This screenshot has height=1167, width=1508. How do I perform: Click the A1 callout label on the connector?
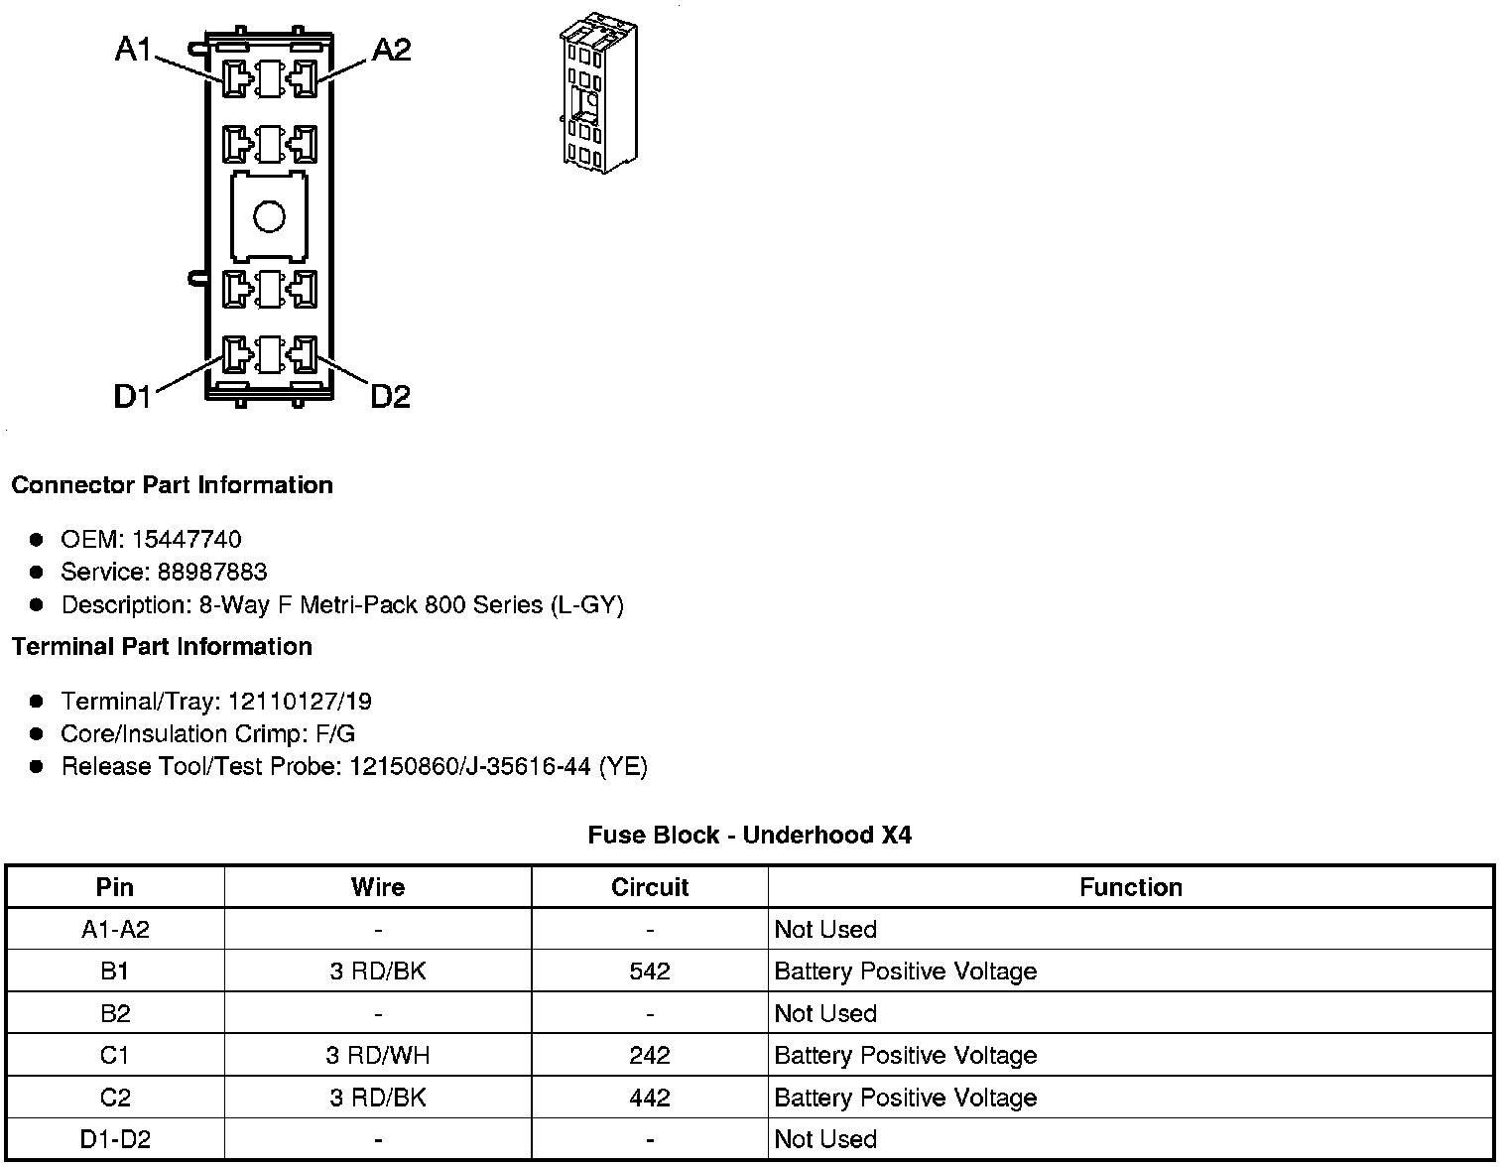tap(133, 49)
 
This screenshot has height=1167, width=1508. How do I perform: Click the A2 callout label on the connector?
tap(391, 49)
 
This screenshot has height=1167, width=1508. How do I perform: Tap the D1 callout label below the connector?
tap(132, 397)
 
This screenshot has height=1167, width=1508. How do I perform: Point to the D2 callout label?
tap(390, 397)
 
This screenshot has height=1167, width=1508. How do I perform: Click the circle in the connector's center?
tap(269, 216)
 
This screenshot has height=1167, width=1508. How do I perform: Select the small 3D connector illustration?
tap(598, 91)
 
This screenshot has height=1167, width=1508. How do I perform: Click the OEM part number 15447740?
tap(187, 539)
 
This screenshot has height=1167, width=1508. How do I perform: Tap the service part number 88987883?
tap(212, 572)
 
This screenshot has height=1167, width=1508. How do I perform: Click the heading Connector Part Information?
tap(172, 485)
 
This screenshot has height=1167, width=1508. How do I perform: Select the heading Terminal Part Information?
tap(162, 647)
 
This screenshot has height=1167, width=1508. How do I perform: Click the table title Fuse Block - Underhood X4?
tap(749, 836)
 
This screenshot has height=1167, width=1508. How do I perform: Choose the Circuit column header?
tap(650, 887)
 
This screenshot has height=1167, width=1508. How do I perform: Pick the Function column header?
tap(1131, 887)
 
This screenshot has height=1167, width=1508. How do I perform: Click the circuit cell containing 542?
tap(650, 972)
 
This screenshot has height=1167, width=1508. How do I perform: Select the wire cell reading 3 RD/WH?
tap(378, 1056)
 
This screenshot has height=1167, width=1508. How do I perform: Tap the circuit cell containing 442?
tap(650, 1098)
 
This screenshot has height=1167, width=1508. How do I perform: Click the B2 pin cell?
tap(115, 1013)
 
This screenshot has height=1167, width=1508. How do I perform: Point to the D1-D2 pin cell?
tap(115, 1139)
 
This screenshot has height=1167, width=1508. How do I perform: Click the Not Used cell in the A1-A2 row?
tap(825, 930)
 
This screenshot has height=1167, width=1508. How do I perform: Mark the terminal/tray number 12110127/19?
tap(300, 702)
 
